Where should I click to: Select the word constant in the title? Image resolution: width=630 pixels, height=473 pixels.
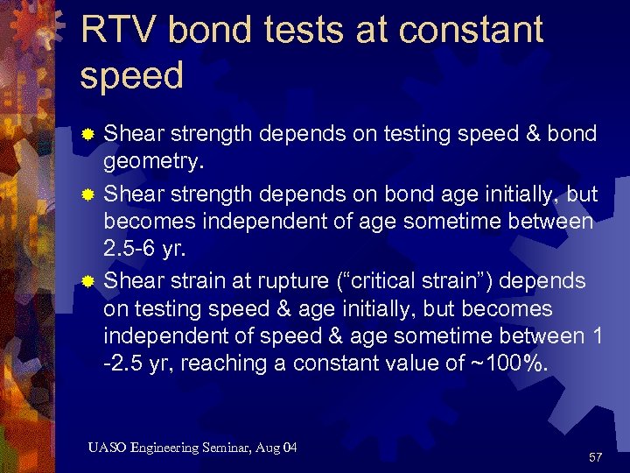coord(470,31)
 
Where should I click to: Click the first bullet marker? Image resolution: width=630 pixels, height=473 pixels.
coord(87,136)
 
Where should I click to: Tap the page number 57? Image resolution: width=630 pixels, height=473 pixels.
coord(596,457)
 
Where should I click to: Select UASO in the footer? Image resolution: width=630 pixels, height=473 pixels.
coord(107,448)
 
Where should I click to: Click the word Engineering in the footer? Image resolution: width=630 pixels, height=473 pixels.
coord(168,448)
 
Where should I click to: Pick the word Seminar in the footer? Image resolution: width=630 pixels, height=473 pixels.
coord(231,448)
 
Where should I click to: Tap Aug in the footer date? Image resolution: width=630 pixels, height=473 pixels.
coord(271,448)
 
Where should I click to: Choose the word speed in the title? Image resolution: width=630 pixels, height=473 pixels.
coord(131,75)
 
